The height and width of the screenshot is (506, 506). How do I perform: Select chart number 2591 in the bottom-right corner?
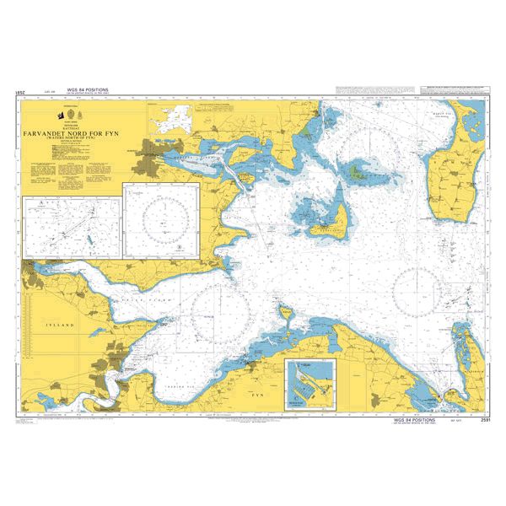pos(484,419)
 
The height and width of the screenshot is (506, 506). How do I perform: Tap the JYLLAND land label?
pos(61,323)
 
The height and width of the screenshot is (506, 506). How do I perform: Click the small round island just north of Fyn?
pos(285,314)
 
